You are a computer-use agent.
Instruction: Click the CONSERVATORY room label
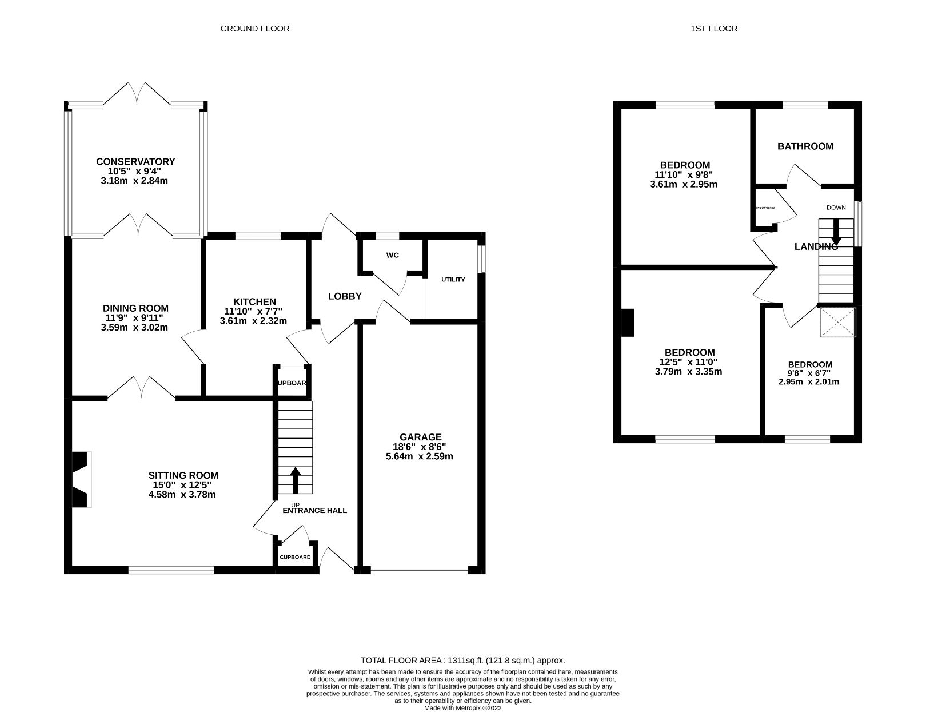pos(135,162)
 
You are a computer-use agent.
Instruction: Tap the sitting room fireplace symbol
pos(81,479)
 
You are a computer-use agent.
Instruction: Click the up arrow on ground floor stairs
pos(296,480)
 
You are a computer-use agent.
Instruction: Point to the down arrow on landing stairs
pos(836,233)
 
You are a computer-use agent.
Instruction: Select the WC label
pos(392,255)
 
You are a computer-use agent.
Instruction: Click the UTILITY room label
pos(453,280)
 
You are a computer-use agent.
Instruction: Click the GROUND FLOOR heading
pos(255,29)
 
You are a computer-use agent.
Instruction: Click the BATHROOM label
pos(805,146)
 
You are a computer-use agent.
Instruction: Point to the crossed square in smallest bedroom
pos(837,322)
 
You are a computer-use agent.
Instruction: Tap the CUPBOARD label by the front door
pos(295,557)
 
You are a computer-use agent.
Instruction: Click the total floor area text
pos(462,660)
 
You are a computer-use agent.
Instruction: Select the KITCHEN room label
pos(254,301)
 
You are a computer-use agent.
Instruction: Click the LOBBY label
pos(345,296)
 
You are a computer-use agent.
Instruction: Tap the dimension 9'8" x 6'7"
pos(809,373)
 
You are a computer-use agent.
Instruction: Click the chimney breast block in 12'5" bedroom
pos(628,323)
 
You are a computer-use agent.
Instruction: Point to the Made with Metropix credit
pos(462,708)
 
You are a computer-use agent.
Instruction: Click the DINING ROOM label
pos(135,308)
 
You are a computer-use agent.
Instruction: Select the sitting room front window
pos(171,570)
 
